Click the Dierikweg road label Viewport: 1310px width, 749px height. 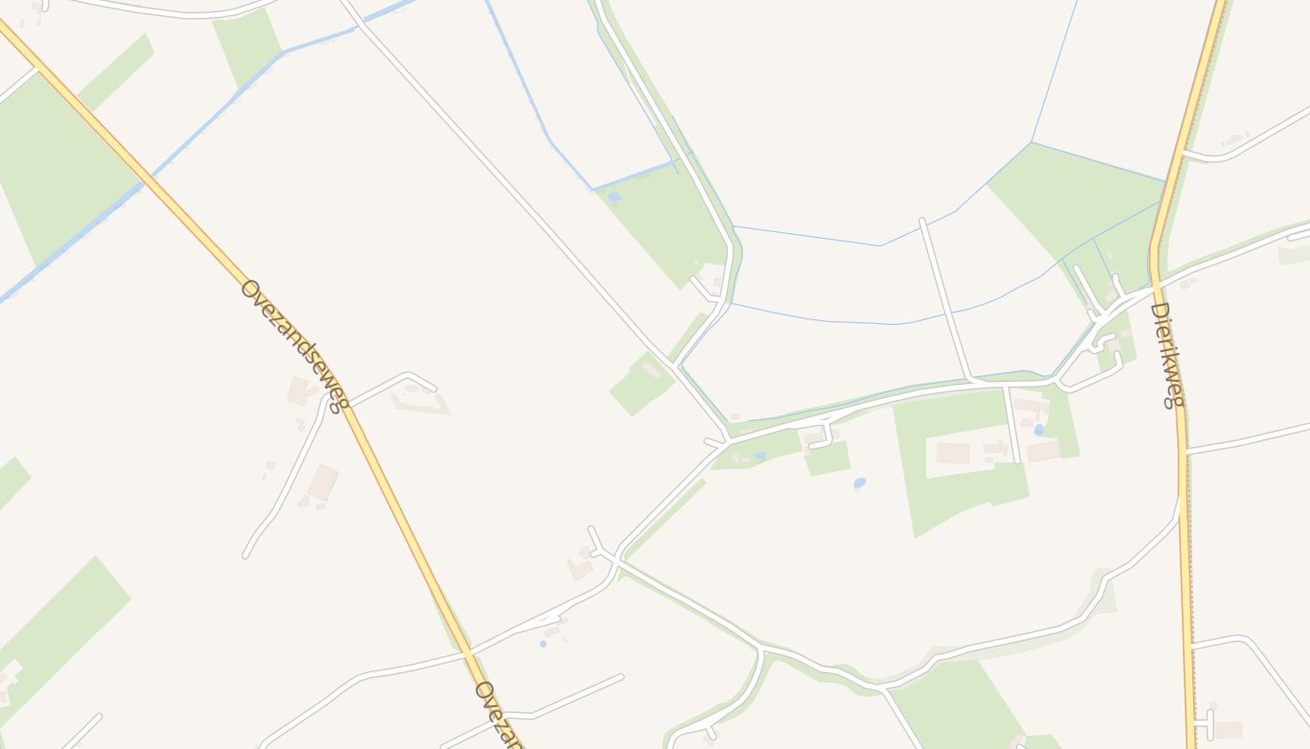pyautogui.click(x=1167, y=355)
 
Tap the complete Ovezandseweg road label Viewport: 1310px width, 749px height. pyautogui.click(x=294, y=345)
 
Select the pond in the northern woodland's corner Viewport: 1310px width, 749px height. pyautogui.click(x=614, y=198)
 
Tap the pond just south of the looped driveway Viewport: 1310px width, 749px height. pyautogui.click(x=859, y=483)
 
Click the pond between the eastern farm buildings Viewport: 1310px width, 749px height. pyautogui.click(x=1039, y=430)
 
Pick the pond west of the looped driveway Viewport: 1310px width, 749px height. pyautogui.click(x=760, y=456)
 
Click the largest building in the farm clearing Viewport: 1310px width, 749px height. pyautogui.click(x=953, y=453)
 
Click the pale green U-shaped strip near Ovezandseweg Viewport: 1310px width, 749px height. pyautogui.click(x=420, y=405)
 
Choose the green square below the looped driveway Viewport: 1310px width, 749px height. pyautogui.click(x=827, y=459)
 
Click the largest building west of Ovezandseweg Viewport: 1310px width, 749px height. pyautogui.click(x=323, y=481)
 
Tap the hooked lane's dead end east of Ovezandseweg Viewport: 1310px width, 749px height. pyautogui.click(x=433, y=388)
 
